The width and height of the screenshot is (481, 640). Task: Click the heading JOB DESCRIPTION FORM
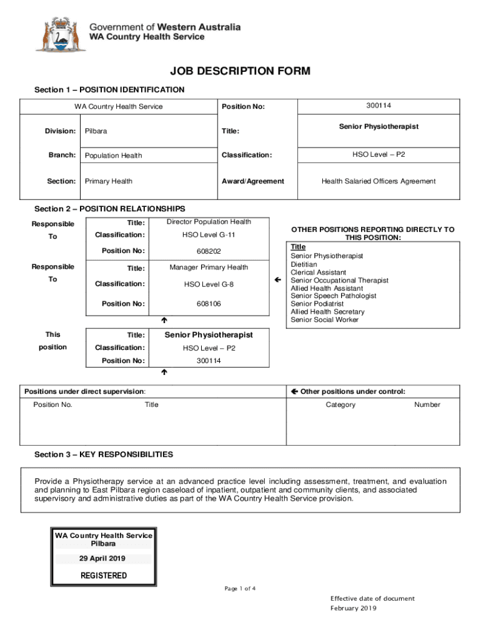click(240, 71)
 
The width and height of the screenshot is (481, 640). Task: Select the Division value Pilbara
click(96, 131)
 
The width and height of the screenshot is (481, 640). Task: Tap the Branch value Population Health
click(113, 156)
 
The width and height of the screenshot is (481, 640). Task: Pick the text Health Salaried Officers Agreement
click(379, 181)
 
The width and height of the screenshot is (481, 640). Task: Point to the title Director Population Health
click(209, 222)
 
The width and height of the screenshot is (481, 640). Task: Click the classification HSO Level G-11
click(209, 235)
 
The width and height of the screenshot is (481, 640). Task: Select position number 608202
click(209, 251)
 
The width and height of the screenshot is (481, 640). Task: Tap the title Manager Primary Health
click(209, 267)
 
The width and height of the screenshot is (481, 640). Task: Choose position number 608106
click(209, 304)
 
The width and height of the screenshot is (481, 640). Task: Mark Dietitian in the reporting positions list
click(303, 264)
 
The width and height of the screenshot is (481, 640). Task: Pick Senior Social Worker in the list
click(325, 319)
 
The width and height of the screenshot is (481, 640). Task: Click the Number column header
click(427, 405)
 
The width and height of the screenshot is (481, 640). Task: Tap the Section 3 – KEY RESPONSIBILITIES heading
click(104, 454)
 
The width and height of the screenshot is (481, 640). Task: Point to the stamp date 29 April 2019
click(103, 559)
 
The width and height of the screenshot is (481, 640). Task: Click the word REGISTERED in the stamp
click(104, 576)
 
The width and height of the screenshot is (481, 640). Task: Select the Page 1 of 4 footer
click(240, 589)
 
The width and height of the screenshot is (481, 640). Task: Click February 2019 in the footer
click(354, 608)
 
